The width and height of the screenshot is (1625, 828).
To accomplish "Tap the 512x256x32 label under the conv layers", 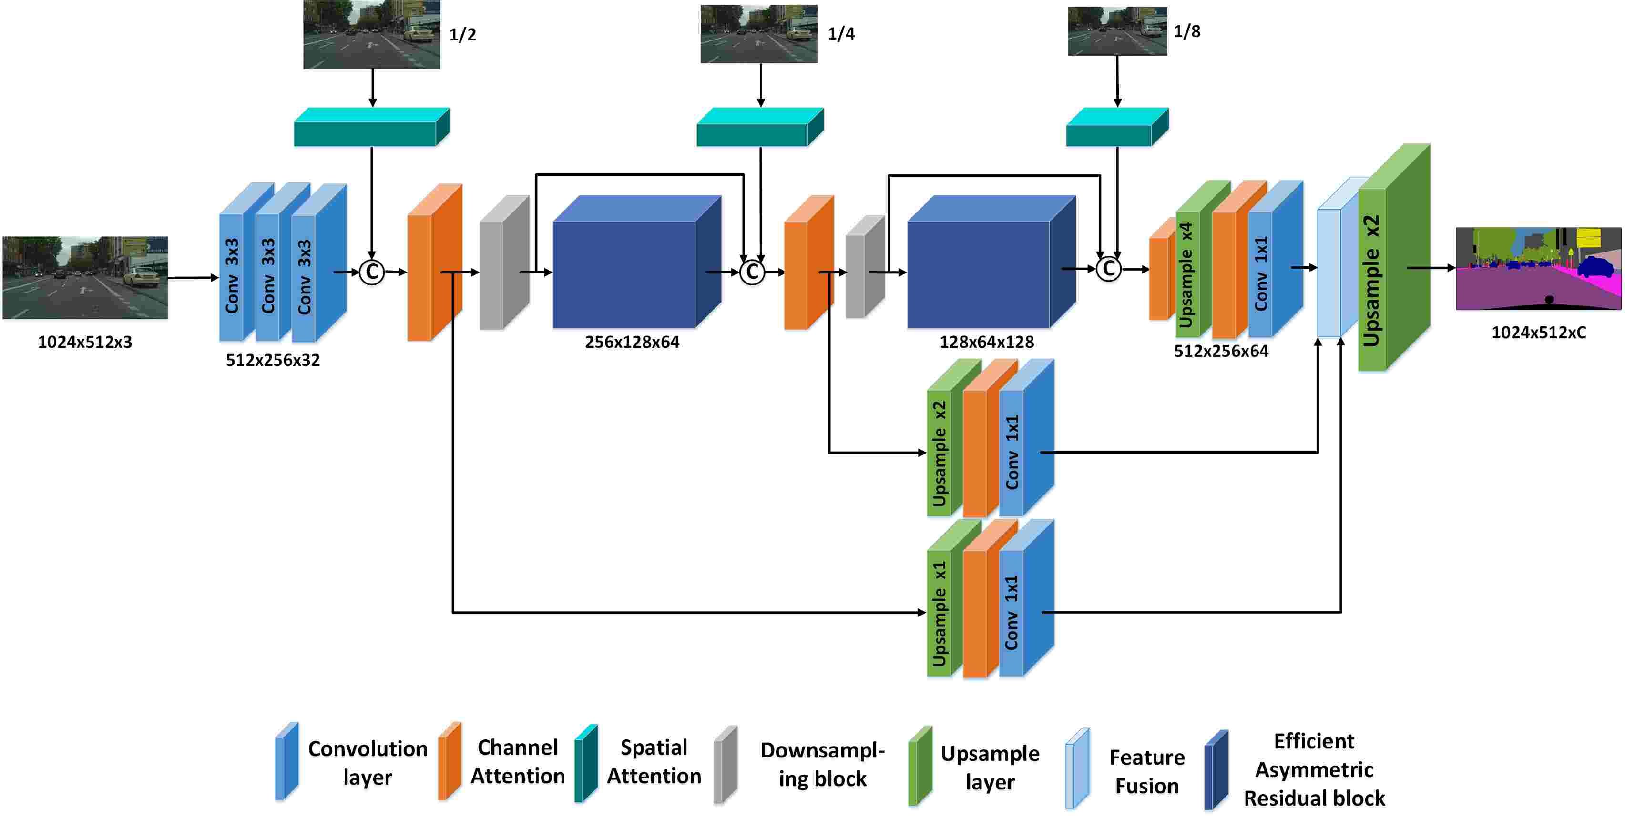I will coord(273,360).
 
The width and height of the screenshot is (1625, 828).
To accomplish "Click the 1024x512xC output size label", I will coord(1538,333).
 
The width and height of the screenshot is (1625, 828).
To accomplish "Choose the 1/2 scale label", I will coord(462,35).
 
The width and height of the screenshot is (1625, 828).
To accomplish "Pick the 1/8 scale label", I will coord(1186,31).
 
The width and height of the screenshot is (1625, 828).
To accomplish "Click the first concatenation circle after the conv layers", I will coord(371,273).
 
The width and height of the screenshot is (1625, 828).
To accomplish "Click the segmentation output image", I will coord(1538,269).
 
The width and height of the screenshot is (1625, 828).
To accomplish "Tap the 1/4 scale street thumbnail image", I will coord(758,34).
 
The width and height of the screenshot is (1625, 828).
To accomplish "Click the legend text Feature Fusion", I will coord(1146,771).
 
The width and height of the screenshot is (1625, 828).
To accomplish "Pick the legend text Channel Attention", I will coord(517,761).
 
